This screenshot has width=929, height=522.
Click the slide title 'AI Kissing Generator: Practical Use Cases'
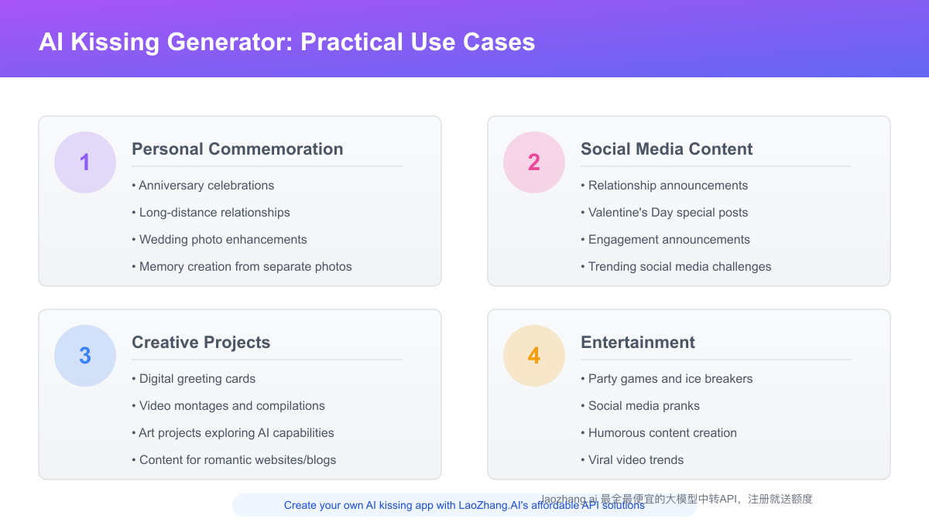coord(286,41)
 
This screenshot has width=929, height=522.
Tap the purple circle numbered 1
coord(85,162)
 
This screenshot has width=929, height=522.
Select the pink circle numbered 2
coord(534,162)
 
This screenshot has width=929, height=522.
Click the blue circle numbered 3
coord(85,356)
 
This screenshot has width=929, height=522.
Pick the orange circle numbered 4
coord(534,356)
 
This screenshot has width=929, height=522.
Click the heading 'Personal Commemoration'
coord(237,149)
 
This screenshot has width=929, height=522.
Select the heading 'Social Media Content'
coord(667,149)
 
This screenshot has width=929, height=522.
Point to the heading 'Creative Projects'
coord(201,343)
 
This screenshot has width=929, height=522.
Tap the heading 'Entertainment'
coord(638,343)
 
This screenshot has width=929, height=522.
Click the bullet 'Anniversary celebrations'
coord(203,186)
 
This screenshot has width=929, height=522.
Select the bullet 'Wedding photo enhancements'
coord(219,240)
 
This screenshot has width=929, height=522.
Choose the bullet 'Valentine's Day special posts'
coord(664,213)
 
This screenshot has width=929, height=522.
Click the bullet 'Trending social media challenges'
coord(676,267)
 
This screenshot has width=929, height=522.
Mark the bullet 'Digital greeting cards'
coord(194,379)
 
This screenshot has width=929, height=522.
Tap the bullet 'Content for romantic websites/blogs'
coord(234,460)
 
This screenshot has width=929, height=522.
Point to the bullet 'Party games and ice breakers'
coord(667,379)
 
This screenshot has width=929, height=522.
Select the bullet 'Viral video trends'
coord(632,460)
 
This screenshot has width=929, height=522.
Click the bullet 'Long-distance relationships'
coord(211,213)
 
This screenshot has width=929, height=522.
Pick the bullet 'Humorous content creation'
coord(659,433)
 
